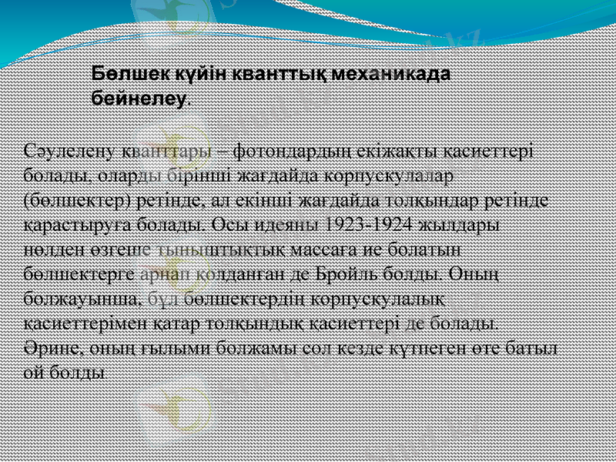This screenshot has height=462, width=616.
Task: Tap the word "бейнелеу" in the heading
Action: tap(139, 99)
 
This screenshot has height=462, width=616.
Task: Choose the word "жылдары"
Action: tap(460, 226)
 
